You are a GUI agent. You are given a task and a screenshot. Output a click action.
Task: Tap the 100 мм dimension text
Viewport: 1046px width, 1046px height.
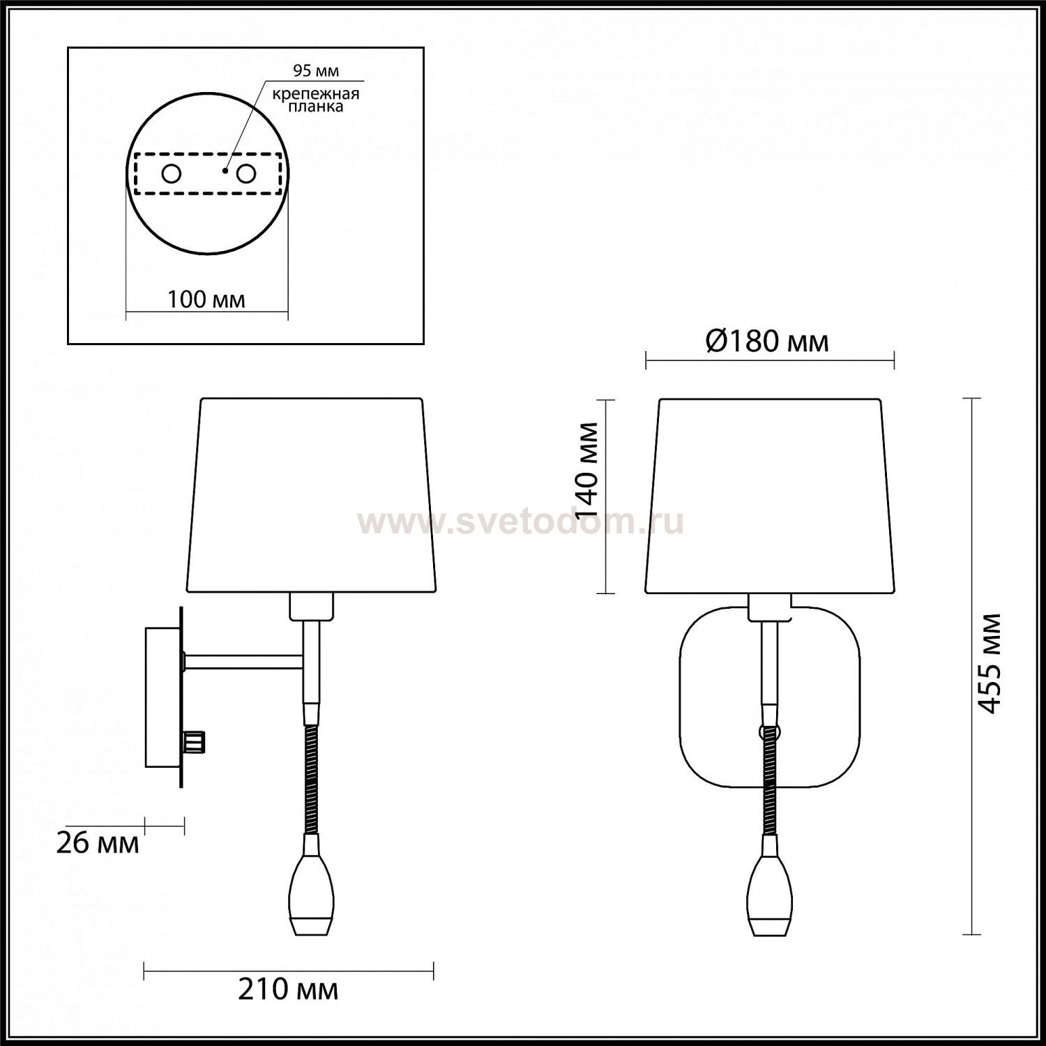click(x=206, y=299)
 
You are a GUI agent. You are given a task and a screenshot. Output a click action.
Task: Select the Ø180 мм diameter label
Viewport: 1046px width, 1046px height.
click(x=767, y=342)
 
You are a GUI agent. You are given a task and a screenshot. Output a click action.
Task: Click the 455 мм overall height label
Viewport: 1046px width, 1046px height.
click(x=990, y=663)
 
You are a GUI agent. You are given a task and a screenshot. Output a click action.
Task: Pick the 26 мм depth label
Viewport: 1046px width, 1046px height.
click(x=97, y=844)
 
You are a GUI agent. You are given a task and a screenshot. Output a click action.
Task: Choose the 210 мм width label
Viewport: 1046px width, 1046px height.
click(x=288, y=989)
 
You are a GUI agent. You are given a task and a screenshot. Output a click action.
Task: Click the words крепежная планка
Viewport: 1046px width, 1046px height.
click(x=316, y=100)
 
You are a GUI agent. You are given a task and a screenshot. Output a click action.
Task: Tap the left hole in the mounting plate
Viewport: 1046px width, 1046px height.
click(x=172, y=174)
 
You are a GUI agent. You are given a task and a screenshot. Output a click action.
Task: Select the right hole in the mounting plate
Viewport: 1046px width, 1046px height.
click(x=245, y=174)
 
